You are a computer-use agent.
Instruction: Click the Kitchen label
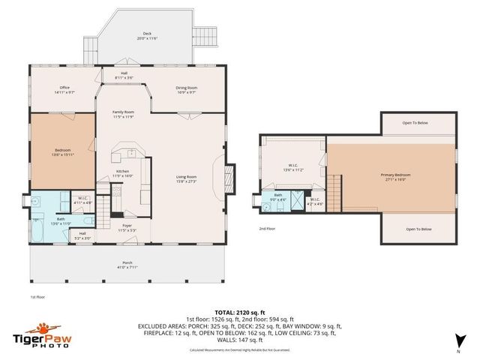point(122,173)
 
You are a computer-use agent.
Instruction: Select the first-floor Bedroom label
point(61,152)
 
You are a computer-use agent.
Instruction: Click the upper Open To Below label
point(415,123)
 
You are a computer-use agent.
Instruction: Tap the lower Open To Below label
point(418,229)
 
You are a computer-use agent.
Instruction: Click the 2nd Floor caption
point(268,228)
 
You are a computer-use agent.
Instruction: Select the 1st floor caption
point(39,296)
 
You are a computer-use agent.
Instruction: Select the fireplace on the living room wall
point(229,177)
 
